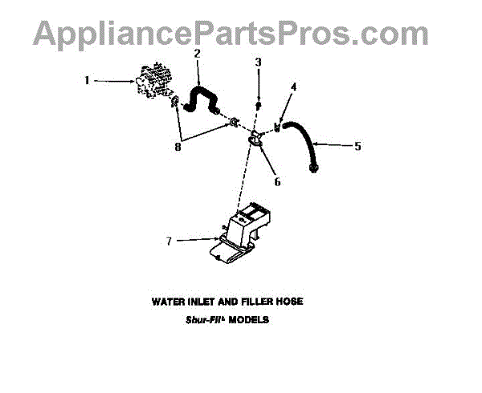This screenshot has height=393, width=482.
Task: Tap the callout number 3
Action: [x=258, y=62]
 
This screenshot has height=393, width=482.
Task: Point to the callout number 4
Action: [x=293, y=87]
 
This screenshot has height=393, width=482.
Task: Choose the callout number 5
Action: [x=357, y=145]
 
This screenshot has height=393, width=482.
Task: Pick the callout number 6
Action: [x=277, y=182]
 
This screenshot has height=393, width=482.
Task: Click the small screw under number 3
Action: [x=258, y=105]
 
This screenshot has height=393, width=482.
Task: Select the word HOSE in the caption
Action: [x=288, y=302]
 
